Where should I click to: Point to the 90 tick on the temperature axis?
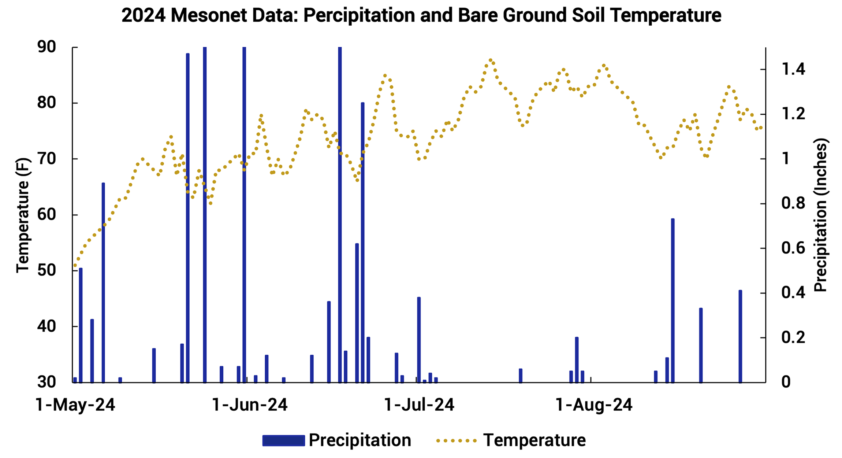[46, 47]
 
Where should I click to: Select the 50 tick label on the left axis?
[46, 270]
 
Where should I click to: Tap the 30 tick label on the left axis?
[46, 382]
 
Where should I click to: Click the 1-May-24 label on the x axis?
[75, 405]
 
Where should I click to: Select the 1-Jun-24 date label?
[250, 405]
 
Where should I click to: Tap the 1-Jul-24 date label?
[419, 405]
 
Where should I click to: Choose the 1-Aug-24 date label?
[594, 405]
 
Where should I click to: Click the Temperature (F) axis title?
[23, 215]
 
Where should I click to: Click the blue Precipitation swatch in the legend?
[283, 440]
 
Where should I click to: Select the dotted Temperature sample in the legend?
[457, 440]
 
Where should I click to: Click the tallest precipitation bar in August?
[673, 300]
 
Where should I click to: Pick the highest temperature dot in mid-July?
[491, 60]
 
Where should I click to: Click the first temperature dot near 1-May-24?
[75, 265]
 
